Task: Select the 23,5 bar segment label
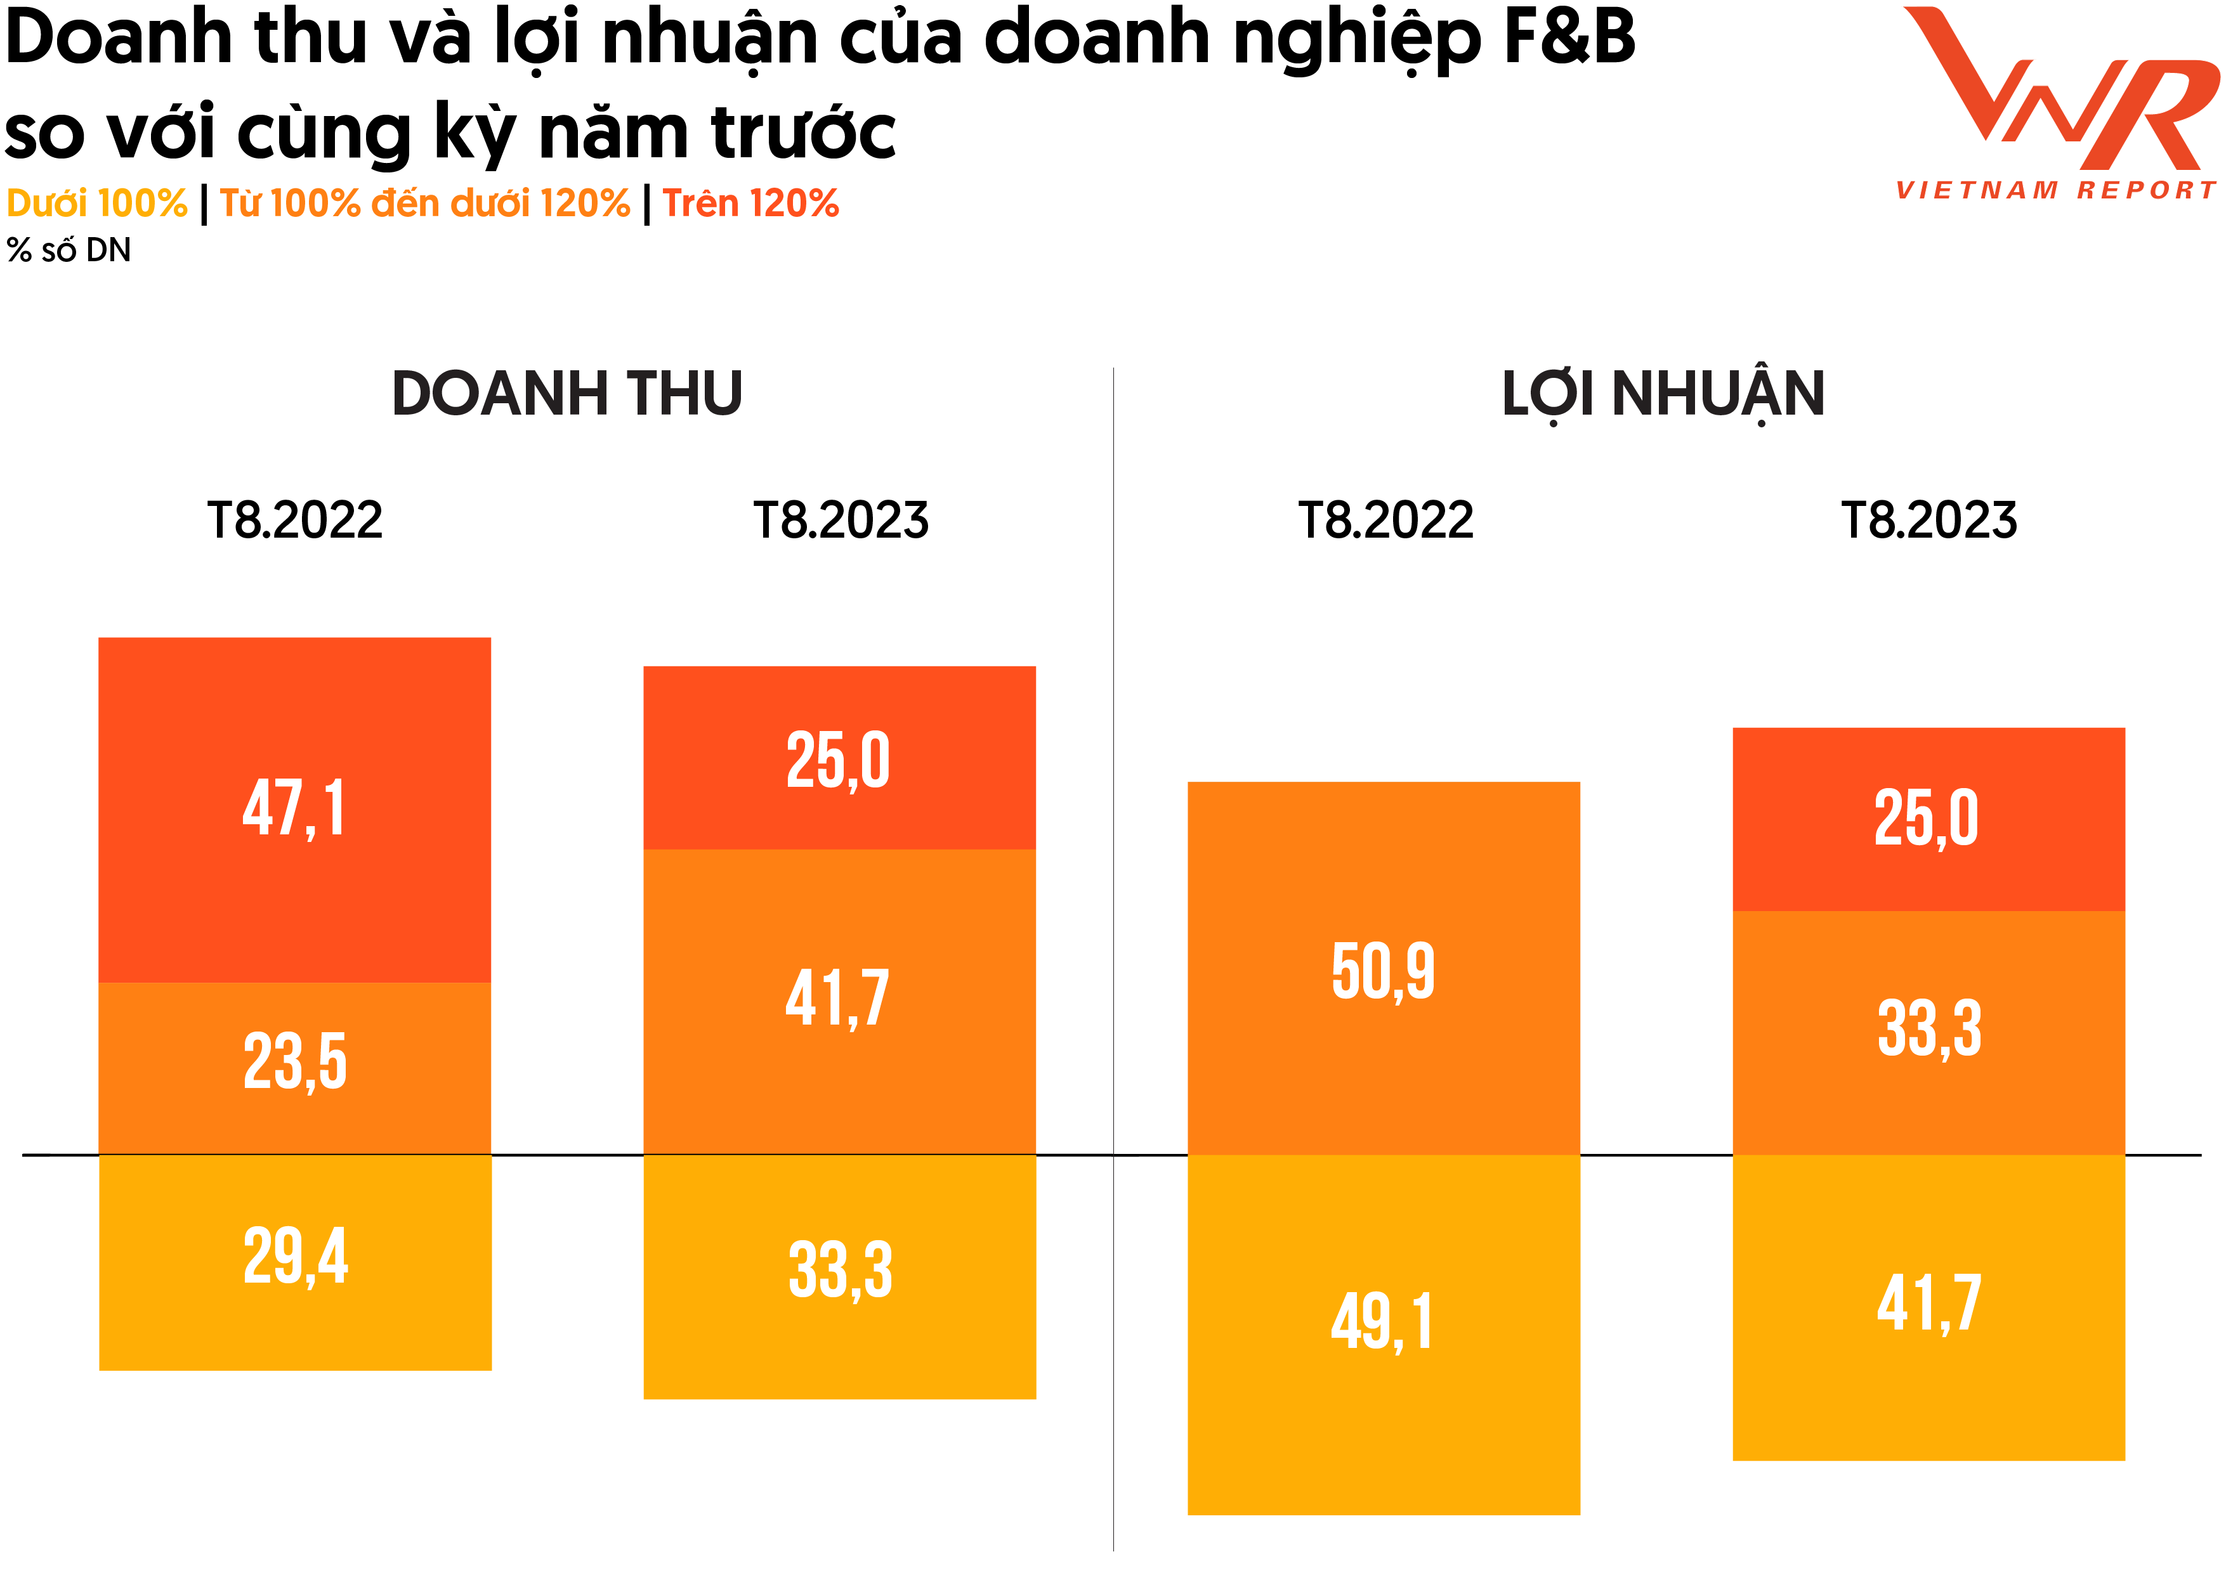[295, 1061]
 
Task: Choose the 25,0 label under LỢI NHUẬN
[1927, 818]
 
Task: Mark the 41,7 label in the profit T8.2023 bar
[1928, 1304]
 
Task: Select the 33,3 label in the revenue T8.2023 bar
[840, 1270]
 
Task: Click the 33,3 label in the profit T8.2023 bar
[1928, 1028]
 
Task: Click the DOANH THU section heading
[567, 394]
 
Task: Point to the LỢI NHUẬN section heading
[1663, 394]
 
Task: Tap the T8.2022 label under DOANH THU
[295, 521]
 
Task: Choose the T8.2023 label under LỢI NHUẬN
[1928, 521]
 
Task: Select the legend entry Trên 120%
[750, 204]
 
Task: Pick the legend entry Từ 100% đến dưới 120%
[424, 204]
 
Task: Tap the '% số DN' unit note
[69, 250]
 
